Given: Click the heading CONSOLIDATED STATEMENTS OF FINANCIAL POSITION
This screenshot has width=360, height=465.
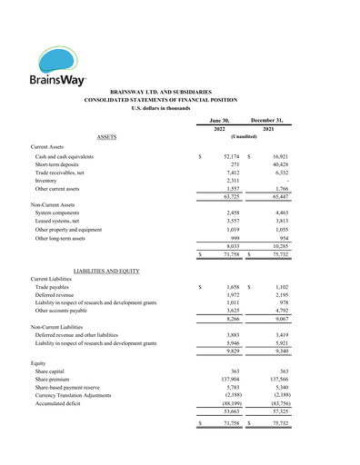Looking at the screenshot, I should tap(180, 100).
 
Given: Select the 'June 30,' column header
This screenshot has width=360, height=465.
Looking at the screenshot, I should tap(219, 120).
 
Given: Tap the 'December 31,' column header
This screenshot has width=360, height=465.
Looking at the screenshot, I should tap(269, 120).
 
